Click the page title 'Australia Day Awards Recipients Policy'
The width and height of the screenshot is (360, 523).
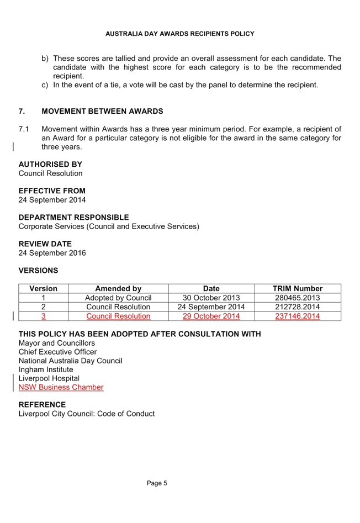click(179, 34)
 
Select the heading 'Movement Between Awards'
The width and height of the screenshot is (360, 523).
click(102, 111)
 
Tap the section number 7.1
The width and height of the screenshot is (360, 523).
click(24, 129)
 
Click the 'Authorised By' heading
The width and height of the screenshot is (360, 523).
click(50, 164)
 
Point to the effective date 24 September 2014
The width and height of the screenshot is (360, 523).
click(52, 200)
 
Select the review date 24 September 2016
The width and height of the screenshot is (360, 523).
click(52, 253)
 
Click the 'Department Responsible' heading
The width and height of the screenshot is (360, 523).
click(73, 217)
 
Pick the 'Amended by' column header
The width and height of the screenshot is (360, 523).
click(118, 288)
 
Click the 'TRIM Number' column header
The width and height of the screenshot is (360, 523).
click(298, 288)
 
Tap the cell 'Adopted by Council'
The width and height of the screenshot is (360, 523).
click(118, 298)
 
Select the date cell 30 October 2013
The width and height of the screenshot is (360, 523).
click(211, 298)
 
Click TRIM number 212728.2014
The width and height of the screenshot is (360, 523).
click(298, 307)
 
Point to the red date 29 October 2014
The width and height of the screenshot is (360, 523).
click(211, 316)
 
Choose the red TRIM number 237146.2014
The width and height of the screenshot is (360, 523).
click(298, 316)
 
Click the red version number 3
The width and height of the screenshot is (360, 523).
click(43, 316)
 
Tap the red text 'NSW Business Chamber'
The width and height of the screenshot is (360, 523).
click(61, 387)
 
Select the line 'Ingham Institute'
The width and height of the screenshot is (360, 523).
click(46, 369)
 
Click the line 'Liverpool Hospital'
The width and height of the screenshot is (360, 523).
click(49, 378)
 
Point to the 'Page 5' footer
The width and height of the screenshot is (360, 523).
click(157, 483)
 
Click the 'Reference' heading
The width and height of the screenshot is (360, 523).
click(43, 405)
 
